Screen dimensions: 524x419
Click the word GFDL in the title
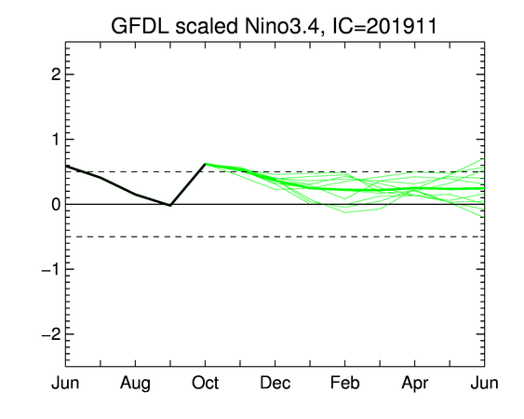[x=140, y=26]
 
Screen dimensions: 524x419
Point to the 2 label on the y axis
[x=56, y=74]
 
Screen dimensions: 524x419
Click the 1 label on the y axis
[x=57, y=139]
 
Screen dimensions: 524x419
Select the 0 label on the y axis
[x=56, y=204]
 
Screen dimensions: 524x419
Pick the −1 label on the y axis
[x=51, y=269]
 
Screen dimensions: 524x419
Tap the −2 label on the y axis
[x=51, y=334]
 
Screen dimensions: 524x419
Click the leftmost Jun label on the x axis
[x=65, y=383]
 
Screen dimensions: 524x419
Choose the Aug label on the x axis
[x=135, y=384]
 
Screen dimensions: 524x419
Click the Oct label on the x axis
[x=205, y=383]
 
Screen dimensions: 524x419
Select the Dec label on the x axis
[x=275, y=383]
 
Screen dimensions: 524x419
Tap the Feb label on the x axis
[x=345, y=383]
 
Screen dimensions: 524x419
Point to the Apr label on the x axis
[x=415, y=384]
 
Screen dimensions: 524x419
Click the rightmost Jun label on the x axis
[x=485, y=383]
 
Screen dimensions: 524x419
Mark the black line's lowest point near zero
[x=170, y=206]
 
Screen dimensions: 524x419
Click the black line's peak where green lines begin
[x=205, y=164]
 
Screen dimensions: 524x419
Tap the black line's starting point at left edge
[x=66, y=166]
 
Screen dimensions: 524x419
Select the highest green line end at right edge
[x=484, y=159]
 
